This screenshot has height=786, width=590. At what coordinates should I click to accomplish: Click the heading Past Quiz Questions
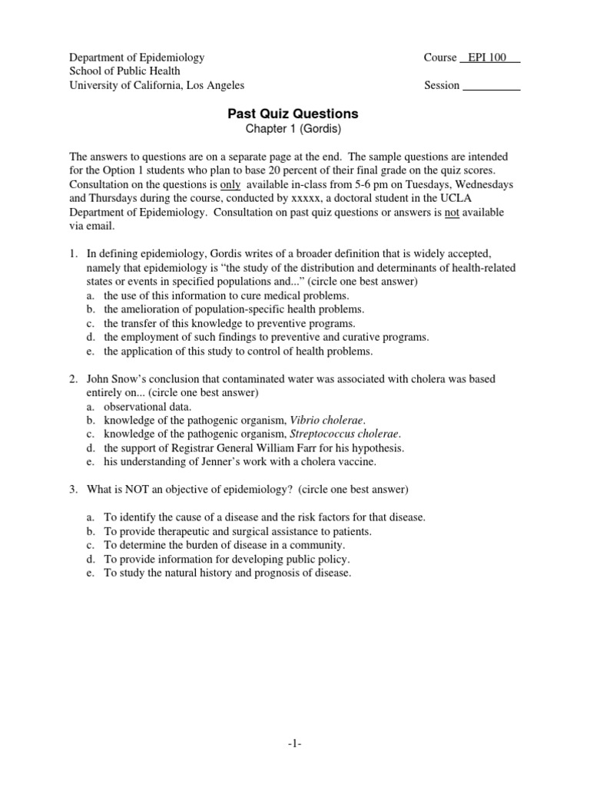point(293,114)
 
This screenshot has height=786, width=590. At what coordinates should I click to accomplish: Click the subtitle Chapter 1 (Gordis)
point(293,130)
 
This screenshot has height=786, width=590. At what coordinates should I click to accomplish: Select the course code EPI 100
point(489,58)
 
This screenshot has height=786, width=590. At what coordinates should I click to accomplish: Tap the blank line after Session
point(492,86)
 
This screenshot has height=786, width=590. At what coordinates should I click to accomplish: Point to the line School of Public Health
point(125,71)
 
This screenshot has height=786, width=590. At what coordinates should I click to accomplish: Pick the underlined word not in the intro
point(452,213)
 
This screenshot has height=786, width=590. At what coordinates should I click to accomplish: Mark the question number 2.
point(74,379)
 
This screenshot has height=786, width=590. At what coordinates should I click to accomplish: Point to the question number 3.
point(74,490)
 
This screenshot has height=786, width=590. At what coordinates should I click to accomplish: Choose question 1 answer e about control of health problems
point(238,352)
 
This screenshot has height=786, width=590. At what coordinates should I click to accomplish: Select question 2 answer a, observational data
point(148,407)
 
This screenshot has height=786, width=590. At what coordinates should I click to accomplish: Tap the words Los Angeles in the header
point(215,86)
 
